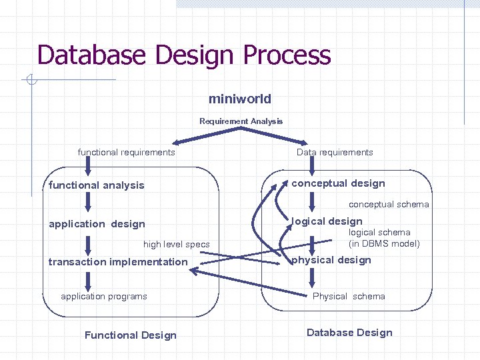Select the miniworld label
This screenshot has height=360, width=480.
pyautogui.click(x=240, y=99)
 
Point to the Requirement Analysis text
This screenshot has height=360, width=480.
pyautogui.click(x=241, y=121)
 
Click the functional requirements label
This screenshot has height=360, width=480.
pyautogui.click(x=126, y=153)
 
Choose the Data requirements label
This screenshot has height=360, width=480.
pyautogui.click(x=335, y=153)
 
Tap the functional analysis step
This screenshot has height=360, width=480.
pyautogui.click(x=96, y=185)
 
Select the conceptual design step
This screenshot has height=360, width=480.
pyautogui.click(x=338, y=183)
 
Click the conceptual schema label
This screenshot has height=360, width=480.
pyautogui.click(x=389, y=205)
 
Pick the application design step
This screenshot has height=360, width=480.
pyautogui.click(x=97, y=224)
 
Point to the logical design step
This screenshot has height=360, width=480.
pyautogui.click(x=327, y=221)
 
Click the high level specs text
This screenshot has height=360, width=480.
pyautogui.click(x=176, y=245)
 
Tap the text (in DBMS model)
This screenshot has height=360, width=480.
pyautogui.click(x=384, y=243)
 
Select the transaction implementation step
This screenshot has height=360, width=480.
pyautogui.click(x=118, y=262)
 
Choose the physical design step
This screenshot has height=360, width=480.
pyautogui.click(x=331, y=260)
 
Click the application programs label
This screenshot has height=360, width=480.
pyautogui.click(x=104, y=296)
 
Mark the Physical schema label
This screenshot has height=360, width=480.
pyautogui.click(x=349, y=296)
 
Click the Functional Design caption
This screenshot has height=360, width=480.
pyautogui.click(x=131, y=335)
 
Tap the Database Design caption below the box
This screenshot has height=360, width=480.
pyautogui.click(x=349, y=333)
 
